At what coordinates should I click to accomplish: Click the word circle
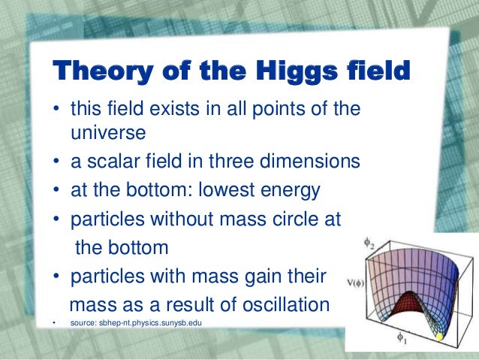pyautogui.click(x=292, y=219)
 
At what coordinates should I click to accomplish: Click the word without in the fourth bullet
pyautogui.click(x=165, y=219)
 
